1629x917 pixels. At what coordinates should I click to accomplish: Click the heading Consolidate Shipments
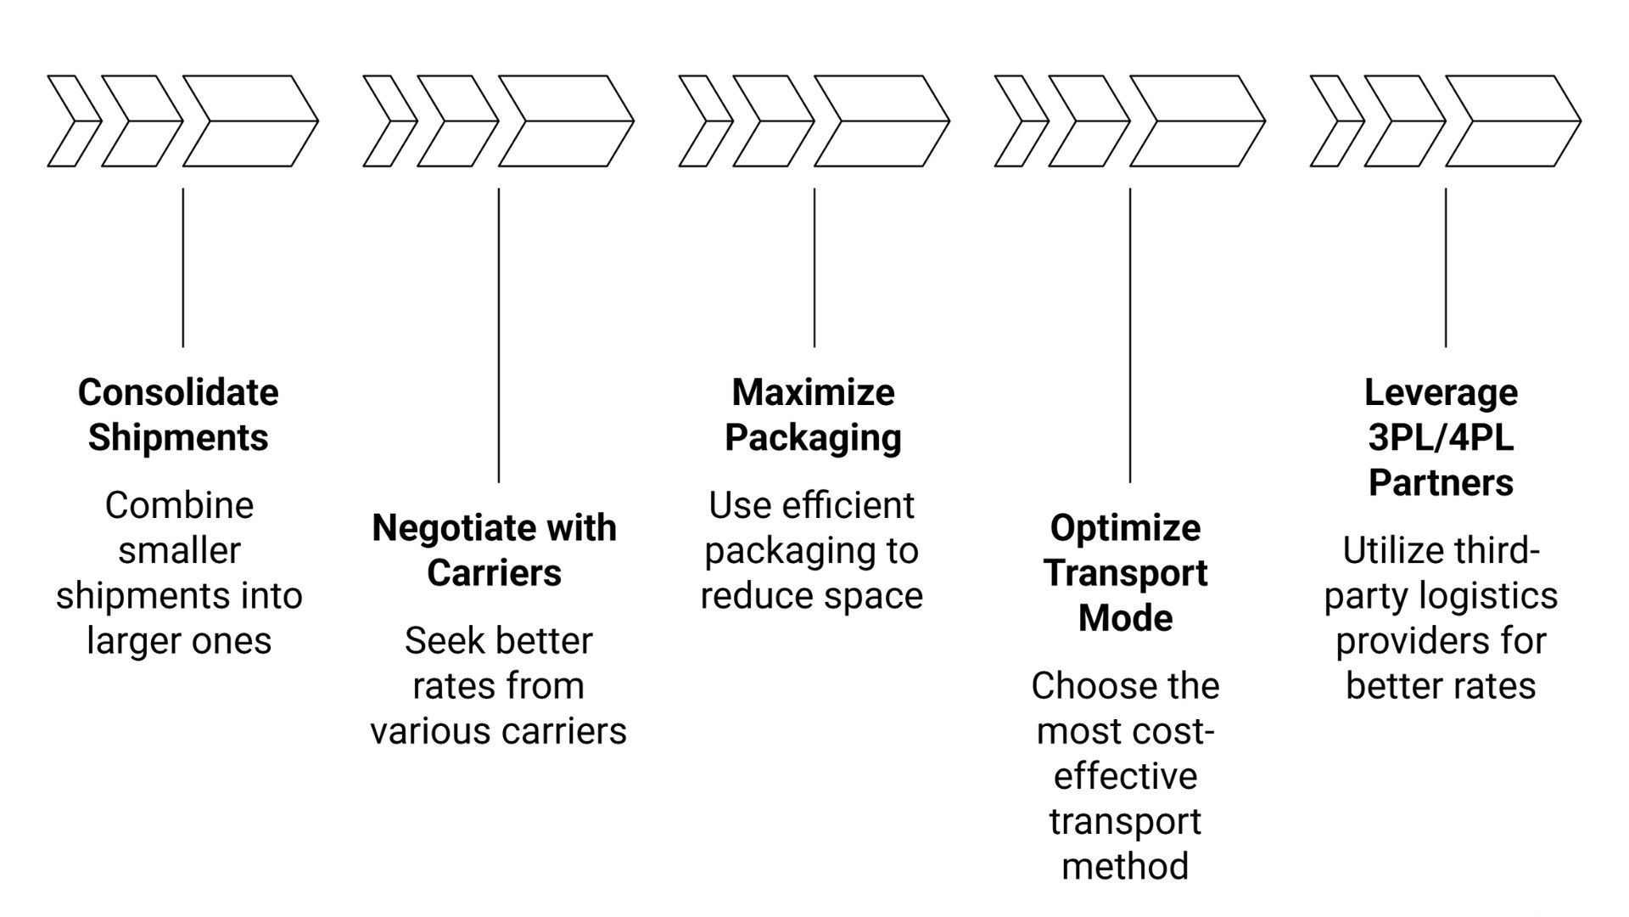pos(178,415)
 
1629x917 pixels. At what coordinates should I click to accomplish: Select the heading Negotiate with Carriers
pos(494,550)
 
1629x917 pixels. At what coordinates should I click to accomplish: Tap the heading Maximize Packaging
pos(813,415)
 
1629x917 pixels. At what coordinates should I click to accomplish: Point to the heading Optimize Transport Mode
pos(1125,573)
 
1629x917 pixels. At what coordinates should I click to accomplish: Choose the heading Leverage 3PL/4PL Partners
pos(1441,437)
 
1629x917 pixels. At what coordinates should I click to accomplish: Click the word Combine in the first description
pos(179,506)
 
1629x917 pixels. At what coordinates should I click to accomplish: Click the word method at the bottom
pos(1125,867)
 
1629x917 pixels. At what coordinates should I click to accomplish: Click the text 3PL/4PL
pos(1441,438)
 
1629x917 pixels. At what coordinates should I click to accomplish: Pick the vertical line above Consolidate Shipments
pos(183,267)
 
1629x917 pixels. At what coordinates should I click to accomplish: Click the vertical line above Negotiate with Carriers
pos(499,335)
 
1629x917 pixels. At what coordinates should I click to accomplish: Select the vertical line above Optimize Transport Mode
pos(1130,335)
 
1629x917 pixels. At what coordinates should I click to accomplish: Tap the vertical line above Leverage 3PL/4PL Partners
pos(1446,267)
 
